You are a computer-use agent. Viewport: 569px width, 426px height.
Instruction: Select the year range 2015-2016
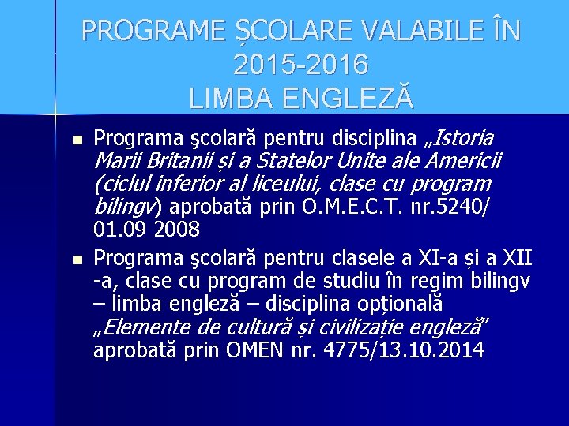pos(301,64)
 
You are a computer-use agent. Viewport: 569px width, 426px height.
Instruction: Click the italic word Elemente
pos(146,326)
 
